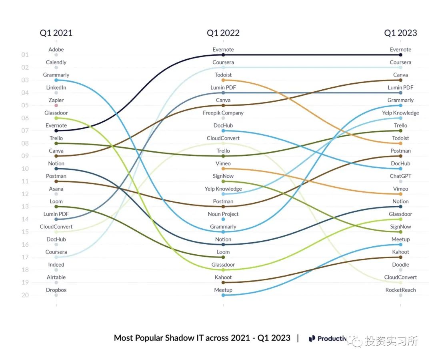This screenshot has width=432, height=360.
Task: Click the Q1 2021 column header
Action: [56, 33]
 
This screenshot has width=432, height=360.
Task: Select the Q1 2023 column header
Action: [400, 33]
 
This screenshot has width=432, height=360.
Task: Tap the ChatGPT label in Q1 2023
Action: [400, 176]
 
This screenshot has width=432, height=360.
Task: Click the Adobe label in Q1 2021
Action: [56, 50]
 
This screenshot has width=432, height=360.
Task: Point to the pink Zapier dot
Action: [56, 105]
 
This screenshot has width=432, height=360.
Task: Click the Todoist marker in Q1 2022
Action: [223, 80]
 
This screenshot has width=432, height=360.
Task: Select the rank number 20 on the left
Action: [25, 295]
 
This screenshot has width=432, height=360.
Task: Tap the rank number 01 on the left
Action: [25, 55]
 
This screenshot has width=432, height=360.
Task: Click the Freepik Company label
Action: [223, 113]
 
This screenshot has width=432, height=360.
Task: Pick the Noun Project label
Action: [223, 214]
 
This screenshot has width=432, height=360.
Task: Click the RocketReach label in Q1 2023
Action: [400, 290]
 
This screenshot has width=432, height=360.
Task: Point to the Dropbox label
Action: [56, 290]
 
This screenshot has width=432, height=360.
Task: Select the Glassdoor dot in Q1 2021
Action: [56, 118]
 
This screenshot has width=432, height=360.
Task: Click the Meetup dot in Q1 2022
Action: [223, 295]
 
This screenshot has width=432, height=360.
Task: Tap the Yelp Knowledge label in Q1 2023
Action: [400, 113]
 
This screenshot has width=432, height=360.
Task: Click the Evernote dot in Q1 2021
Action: [56, 131]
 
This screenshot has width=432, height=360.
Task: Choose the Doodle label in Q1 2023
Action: [400, 265]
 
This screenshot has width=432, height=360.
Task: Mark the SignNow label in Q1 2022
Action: [223, 176]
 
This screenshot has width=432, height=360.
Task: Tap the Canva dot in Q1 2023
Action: [400, 80]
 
